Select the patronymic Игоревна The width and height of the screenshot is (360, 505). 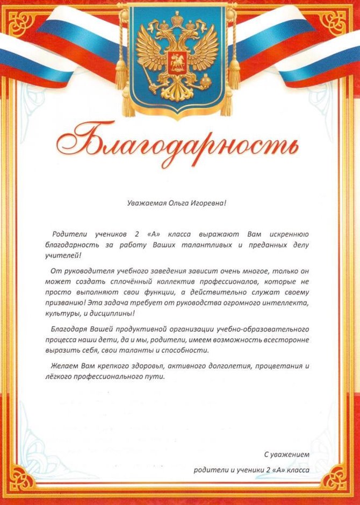coord(204,203)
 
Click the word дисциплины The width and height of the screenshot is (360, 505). coord(107,314)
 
